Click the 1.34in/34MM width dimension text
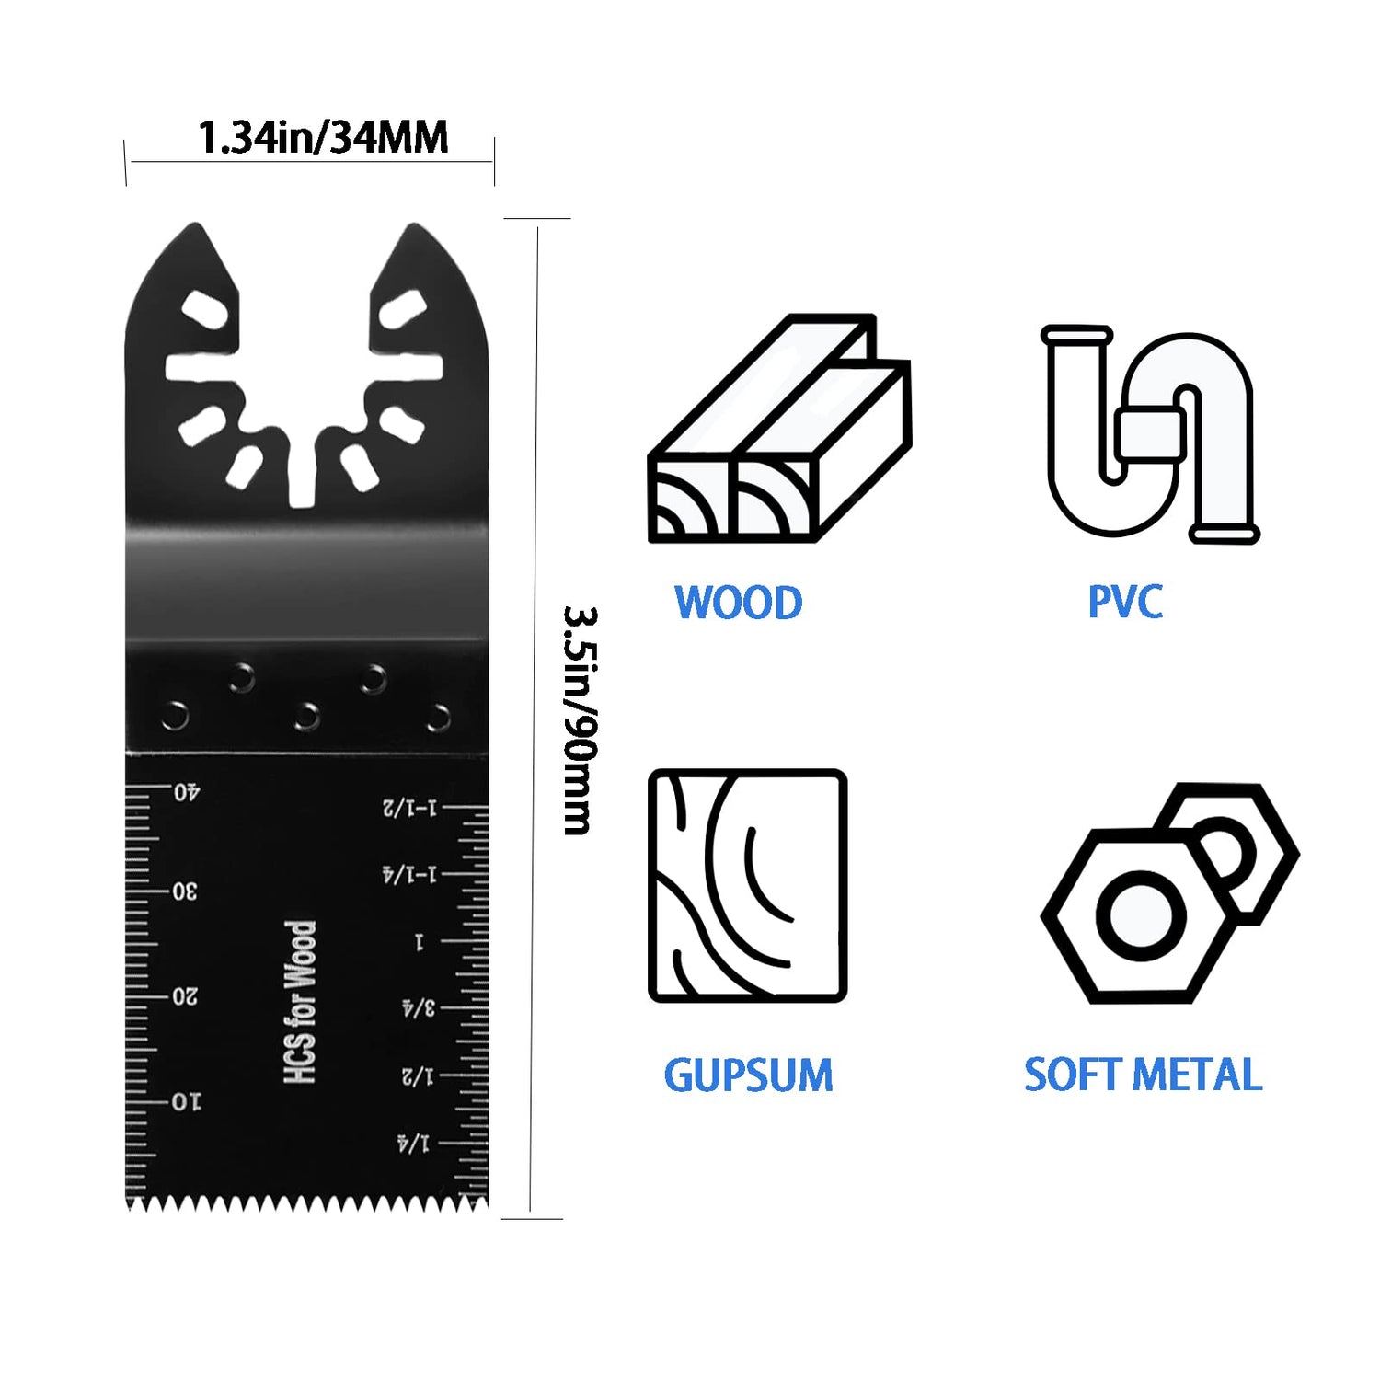point(323,138)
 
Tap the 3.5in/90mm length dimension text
point(581,719)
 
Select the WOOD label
point(738,604)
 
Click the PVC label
point(1124,603)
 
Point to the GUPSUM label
point(748,1075)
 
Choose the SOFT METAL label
point(1143,1075)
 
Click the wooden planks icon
point(779,430)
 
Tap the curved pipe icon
point(1149,433)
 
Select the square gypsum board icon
point(747,886)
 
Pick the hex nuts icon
point(1168,892)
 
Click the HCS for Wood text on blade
point(301,1002)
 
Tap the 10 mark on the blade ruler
point(186,1101)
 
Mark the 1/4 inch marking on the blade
point(413,1144)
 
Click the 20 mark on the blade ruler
point(186,996)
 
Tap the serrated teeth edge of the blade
point(306,1202)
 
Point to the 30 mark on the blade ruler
point(186,891)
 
